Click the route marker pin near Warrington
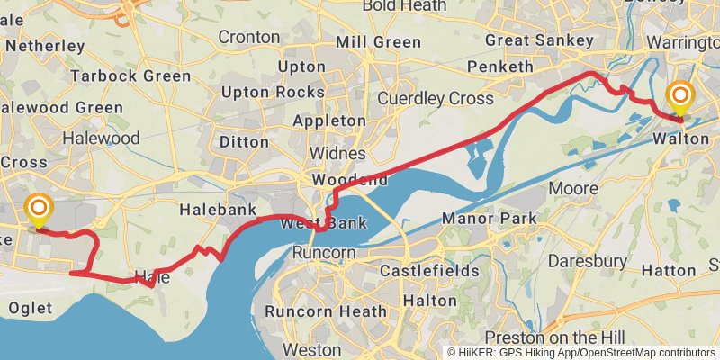[x=680, y=95]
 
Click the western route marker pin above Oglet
[x=39, y=210]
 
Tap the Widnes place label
[x=337, y=154]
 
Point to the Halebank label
[x=211, y=209]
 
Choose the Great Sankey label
[x=539, y=40]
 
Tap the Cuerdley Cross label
[x=436, y=98]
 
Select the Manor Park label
[x=490, y=218]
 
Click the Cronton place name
[x=249, y=38]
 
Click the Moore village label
[x=572, y=189]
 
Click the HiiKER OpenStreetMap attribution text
[x=581, y=352]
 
